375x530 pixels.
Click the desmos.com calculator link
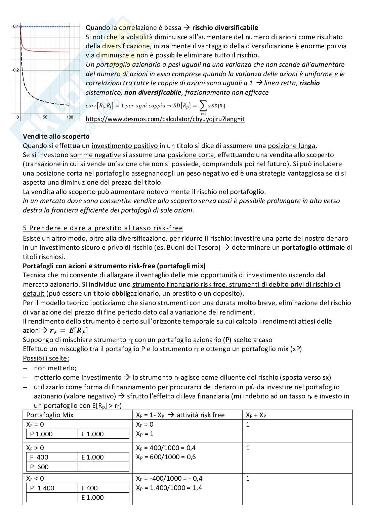tap(165, 119)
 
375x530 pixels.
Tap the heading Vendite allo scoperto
tap(56, 136)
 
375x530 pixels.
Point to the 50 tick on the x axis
tap(45, 117)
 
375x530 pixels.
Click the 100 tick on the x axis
tap(70, 117)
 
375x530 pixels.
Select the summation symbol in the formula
tap(203, 106)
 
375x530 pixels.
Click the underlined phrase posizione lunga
tap(291, 146)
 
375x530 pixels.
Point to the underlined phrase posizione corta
tap(191, 155)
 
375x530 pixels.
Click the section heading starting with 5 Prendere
tap(103, 228)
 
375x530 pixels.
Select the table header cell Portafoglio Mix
tap(50, 415)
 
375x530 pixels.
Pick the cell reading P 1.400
tap(42, 488)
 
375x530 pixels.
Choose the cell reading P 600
tap(39, 467)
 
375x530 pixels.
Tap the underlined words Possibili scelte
tap(46, 358)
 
